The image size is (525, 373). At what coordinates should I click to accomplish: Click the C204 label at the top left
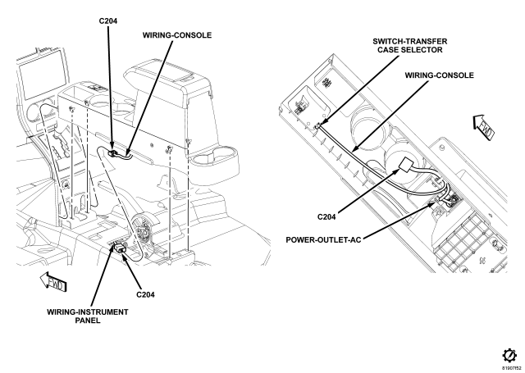[108, 21]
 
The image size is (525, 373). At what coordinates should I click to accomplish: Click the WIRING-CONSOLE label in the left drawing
[177, 35]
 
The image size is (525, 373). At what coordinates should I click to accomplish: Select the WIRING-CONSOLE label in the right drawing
[440, 75]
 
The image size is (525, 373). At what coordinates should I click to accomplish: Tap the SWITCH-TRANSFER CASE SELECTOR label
[410, 46]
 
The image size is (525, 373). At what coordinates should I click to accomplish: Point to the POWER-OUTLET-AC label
[323, 240]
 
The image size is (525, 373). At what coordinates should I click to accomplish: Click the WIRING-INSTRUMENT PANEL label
[88, 316]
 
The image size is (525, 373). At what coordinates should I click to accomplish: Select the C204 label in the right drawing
[326, 217]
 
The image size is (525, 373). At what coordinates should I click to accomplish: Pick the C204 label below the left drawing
[145, 295]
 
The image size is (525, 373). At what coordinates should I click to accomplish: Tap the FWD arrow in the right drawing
[484, 127]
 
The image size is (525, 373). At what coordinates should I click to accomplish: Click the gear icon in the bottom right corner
[509, 355]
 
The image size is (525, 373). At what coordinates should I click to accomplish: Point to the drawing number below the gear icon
[511, 368]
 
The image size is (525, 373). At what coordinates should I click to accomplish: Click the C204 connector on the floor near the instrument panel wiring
[120, 248]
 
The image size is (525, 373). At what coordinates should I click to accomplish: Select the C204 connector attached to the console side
[113, 153]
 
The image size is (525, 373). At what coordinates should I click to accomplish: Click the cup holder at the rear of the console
[214, 160]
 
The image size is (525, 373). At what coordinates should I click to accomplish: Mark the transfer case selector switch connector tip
[318, 126]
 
